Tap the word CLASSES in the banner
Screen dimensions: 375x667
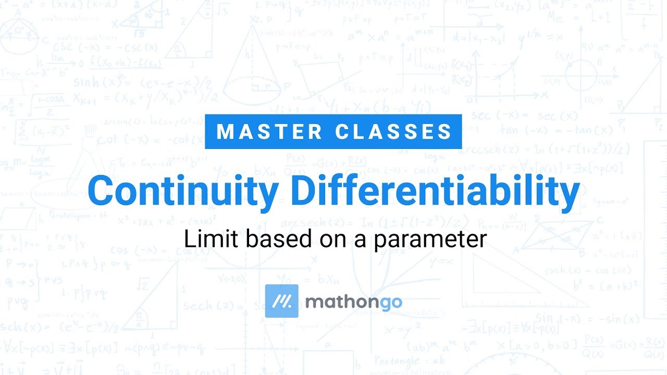tap(394, 132)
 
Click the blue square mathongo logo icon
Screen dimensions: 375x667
tap(281, 301)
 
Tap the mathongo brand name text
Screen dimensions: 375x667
tap(353, 302)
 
